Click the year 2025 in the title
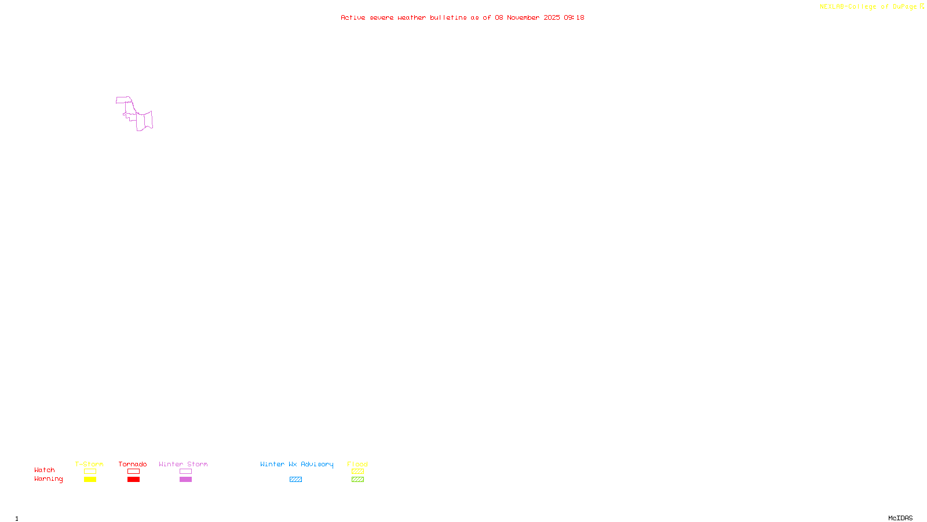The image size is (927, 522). pyautogui.click(x=552, y=18)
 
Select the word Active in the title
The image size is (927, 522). pyautogui.click(x=353, y=18)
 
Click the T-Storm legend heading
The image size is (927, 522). pyautogui.click(x=89, y=464)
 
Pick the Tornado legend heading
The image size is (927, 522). pyautogui.click(x=133, y=464)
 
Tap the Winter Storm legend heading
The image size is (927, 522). pyautogui.click(x=183, y=464)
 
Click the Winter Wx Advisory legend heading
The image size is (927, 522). pyautogui.click(x=297, y=464)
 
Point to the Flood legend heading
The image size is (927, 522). pyautogui.click(x=357, y=464)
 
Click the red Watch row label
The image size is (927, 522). pyautogui.click(x=45, y=470)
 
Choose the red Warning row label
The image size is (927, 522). pyautogui.click(x=49, y=479)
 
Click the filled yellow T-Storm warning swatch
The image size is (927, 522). pyautogui.click(x=90, y=480)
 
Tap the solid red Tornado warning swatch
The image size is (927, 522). pyautogui.click(x=133, y=480)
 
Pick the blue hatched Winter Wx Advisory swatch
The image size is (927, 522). pyautogui.click(x=295, y=480)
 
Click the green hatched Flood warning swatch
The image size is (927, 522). pyautogui.click(x=357, y=480)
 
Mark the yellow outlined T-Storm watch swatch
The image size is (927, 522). pyautogui.click(x=90, y=472)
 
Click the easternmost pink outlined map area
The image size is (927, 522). pyautogui.click(x=148, y=120)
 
